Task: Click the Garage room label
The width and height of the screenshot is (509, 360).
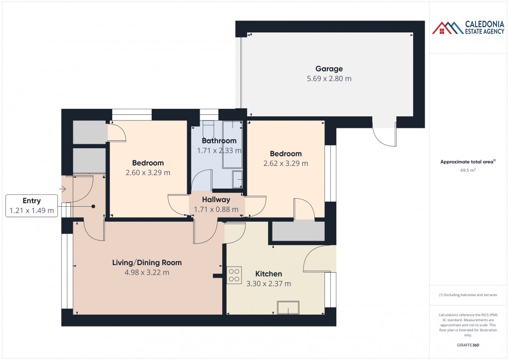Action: point(329,69)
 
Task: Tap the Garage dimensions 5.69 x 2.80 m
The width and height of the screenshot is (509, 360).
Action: point(329,78)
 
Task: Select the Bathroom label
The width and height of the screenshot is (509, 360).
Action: point(219,141)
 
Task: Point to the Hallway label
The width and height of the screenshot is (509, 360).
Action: point(216,200)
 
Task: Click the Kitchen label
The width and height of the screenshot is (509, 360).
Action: point(268,274)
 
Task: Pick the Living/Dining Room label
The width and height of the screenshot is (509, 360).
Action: point(147,263)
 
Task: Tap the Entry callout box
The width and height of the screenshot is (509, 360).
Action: point(31,206)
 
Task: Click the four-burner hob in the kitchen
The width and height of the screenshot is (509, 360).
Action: point(234,275)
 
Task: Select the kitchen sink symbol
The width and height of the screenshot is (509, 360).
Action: point(288,308)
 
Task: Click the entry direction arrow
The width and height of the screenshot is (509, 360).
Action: point(63,189)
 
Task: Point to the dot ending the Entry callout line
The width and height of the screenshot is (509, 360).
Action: point(93,206)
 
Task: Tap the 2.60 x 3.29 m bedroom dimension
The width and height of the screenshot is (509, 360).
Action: point(148,173)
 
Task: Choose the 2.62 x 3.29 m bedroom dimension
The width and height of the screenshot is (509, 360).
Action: point(285,163)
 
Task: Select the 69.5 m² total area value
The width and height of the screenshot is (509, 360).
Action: point(468,170)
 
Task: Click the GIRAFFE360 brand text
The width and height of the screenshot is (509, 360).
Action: point(468,345)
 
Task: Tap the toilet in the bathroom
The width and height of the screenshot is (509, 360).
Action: point(208,129)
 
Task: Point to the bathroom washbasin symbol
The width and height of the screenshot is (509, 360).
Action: point(238,180)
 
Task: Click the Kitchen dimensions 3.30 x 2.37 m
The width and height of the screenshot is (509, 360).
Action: point(268,284)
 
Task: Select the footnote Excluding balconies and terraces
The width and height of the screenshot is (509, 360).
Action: point(468,295)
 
